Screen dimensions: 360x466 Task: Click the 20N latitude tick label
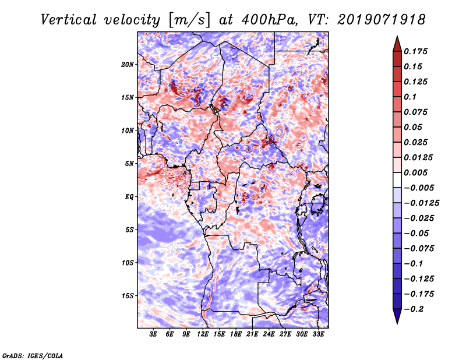(128, 64)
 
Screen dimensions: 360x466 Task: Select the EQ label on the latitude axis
(129, 196)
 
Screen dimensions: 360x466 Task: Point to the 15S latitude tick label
(128, 295)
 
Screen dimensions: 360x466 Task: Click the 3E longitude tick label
(154, 334)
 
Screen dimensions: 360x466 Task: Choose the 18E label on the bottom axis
(236, 334)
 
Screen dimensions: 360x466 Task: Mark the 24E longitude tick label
(269, 334)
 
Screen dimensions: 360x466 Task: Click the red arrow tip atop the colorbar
(396, 41)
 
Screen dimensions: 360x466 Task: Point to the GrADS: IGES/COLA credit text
(33, 355)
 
